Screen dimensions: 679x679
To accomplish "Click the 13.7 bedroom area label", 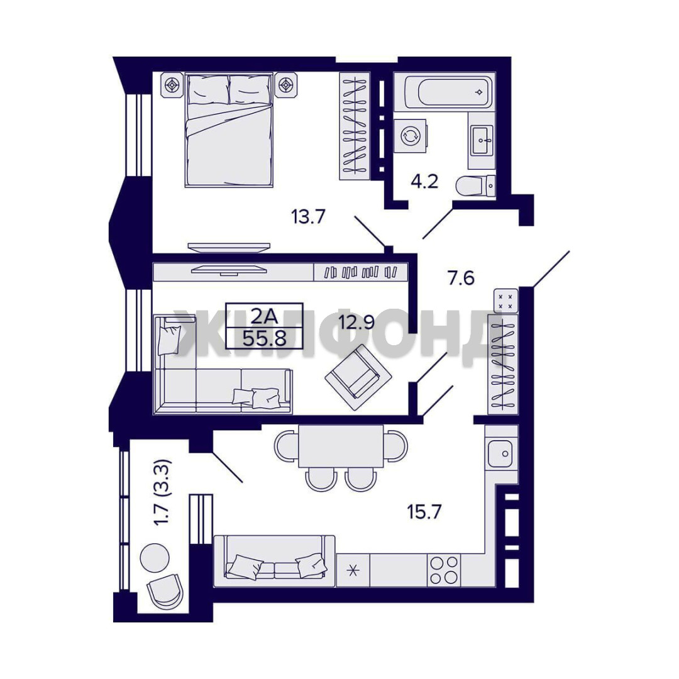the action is (308, 216).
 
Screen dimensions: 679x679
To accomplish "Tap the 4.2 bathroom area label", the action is (424, 182).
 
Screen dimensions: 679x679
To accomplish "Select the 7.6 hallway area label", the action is (461, 278).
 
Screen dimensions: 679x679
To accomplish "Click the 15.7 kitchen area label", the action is (424, 512).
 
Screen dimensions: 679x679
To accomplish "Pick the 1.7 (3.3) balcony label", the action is (164, 492).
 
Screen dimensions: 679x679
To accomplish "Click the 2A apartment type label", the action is (264, 316).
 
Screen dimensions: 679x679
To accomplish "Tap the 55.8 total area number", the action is (264, 338).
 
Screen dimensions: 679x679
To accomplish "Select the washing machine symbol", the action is (411, 136).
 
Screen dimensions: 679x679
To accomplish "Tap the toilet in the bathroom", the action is (476, 186).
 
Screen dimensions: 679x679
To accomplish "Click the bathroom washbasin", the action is (482, 140).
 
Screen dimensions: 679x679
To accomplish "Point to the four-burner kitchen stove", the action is (444, 570).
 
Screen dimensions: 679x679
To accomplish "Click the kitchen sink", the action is (501, 453).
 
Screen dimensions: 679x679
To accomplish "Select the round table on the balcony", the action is (155, 558).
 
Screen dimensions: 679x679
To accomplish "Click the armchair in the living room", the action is (358, 377).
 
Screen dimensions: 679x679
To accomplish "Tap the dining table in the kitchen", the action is (341, 446).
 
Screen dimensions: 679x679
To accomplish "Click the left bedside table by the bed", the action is (173, 86).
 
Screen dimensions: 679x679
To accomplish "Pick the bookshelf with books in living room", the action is (360, 272).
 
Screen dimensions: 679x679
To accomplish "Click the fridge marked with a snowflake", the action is (353, 570).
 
